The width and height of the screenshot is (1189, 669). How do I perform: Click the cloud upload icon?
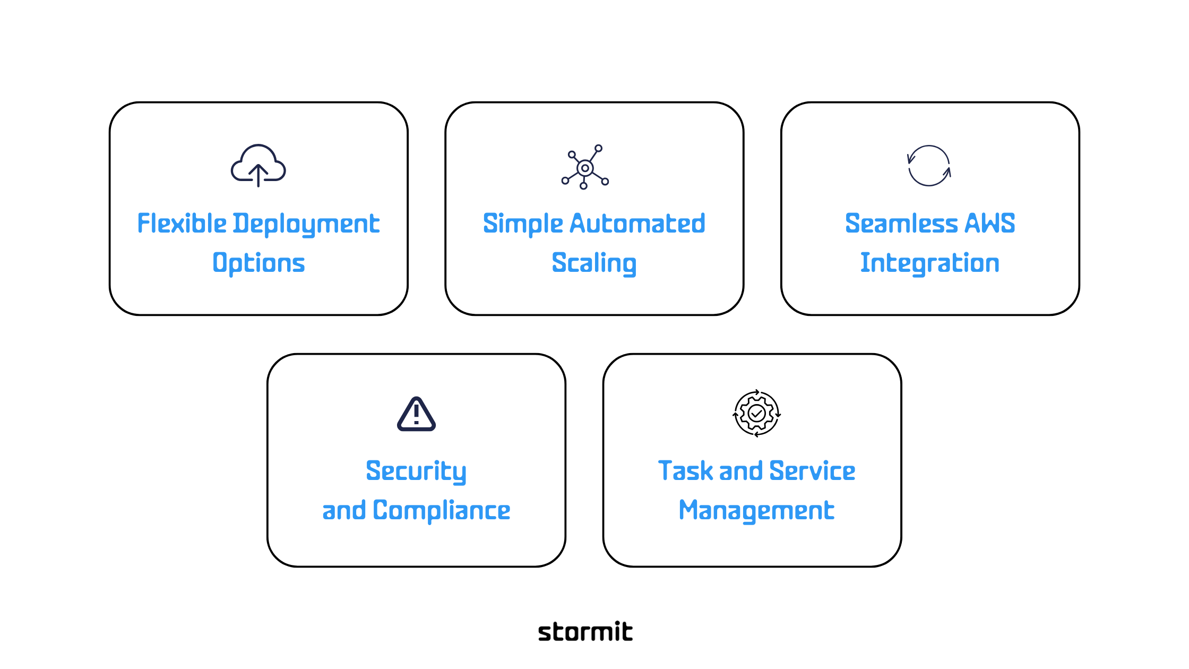click(x=259, y=166)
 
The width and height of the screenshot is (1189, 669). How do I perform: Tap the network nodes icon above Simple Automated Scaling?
click(x=585, y=167)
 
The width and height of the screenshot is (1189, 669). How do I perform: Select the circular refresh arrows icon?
click(x=929, y=166)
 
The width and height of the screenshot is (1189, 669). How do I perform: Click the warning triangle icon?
click(x=417, y=415)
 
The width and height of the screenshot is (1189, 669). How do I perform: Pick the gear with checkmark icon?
click(x=756, y=414)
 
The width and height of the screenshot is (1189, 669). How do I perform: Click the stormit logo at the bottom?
click(x=585, y=632)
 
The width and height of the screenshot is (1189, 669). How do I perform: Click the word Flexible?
click(x=182, y=223)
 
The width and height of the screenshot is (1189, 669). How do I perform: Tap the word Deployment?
click(x=306, y=224)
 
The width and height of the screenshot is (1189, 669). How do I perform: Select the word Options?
click(x=259, y=263)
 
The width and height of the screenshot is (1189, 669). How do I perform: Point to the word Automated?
click(x=637, y=224)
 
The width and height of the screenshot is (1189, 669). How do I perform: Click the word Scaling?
click(x=594, y=263)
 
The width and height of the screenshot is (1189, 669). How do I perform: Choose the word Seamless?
click(x=901, y=223)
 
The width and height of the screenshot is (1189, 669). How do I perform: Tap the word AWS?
click(x=989, y=223)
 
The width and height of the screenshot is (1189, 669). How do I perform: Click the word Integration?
click(x=929, y=263)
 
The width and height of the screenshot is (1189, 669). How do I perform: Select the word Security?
click(x=416, y=471)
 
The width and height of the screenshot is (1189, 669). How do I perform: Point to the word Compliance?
click(x=441, y=511)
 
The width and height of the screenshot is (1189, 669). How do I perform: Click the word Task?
click(x=685, y=471)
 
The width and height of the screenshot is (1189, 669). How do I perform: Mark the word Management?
click(x=756, y=511)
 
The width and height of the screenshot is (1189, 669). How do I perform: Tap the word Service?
click(x=812, y=471)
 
